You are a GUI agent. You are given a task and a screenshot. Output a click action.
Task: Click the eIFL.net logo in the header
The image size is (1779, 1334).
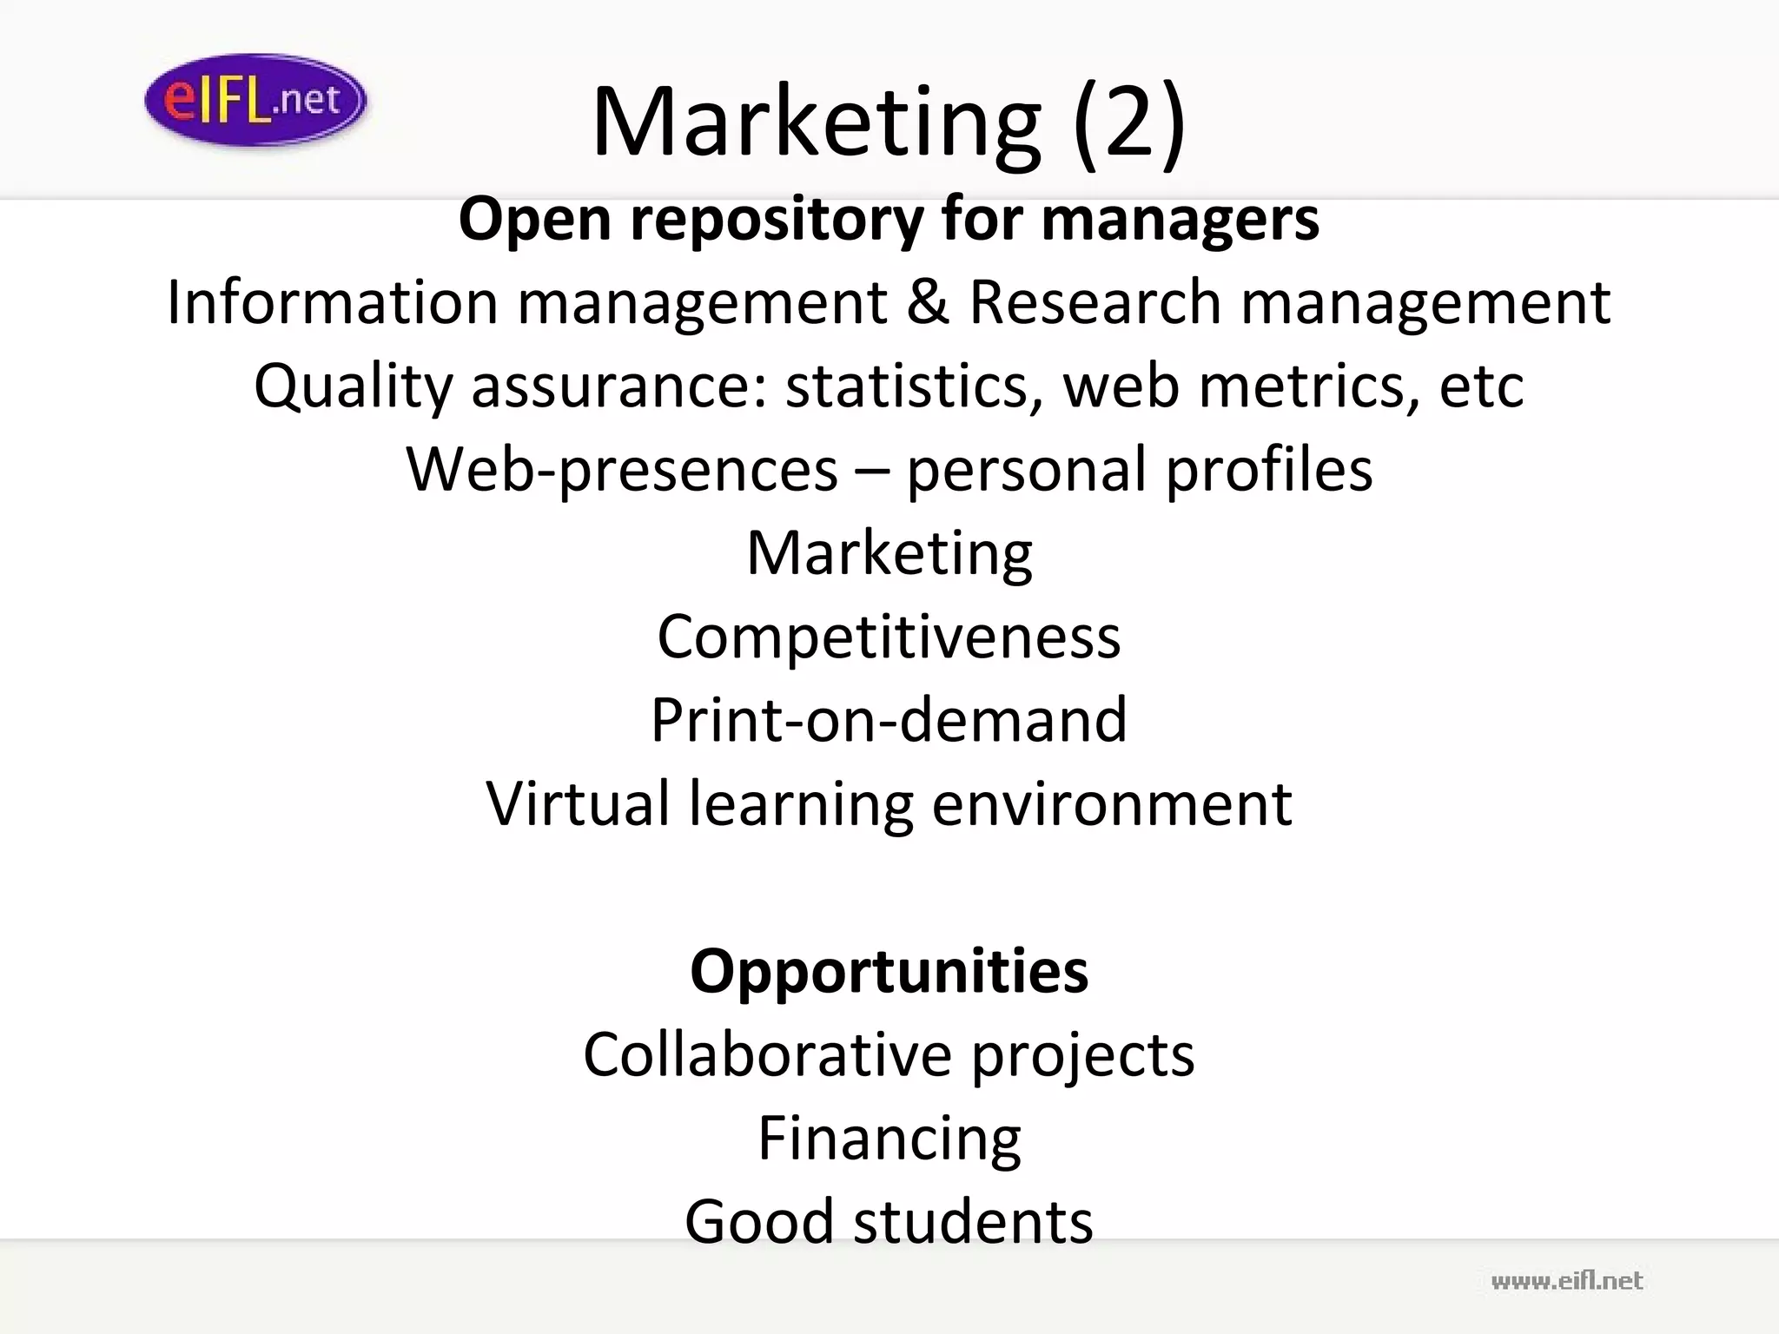[x=255, y=100]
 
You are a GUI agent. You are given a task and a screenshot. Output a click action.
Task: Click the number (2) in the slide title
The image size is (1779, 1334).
[x=1129, y=122]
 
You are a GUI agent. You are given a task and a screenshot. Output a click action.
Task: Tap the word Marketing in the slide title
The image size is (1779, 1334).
[x=816, y=122]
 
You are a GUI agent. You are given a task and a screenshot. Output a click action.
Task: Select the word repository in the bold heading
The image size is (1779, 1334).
[x=777, y=219]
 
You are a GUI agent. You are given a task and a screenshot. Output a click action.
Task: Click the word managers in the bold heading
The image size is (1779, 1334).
[x=1180, y=219]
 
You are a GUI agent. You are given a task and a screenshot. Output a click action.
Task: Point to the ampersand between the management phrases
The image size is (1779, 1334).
[x=928, y=302]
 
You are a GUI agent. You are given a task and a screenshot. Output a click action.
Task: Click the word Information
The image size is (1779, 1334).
[x=333, y=302]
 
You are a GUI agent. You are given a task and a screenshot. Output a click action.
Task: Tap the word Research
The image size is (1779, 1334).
[x=1095, y=302]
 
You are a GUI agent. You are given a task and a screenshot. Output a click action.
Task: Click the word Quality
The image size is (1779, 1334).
[x=353, y=386]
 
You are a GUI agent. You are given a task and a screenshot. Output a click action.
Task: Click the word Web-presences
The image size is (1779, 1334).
[x=622, y=469]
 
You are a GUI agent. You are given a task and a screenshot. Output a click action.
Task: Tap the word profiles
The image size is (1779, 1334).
[x=1268, y=469]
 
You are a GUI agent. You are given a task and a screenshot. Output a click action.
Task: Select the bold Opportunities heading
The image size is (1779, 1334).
[x=889, y=970]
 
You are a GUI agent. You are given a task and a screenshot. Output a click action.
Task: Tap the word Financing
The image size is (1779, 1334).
[x=889, y=1137]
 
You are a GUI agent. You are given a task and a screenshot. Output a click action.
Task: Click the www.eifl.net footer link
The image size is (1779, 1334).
[x=1566, y=1280]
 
